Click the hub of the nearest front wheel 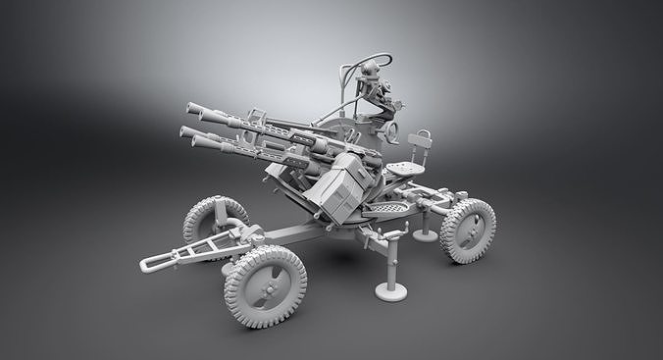(x=266, y=286)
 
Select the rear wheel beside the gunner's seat (x=468, y=231)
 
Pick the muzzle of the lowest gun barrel (x=196, y=143)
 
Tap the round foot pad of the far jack (x=426, y=235)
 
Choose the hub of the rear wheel (x=470, y=231)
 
